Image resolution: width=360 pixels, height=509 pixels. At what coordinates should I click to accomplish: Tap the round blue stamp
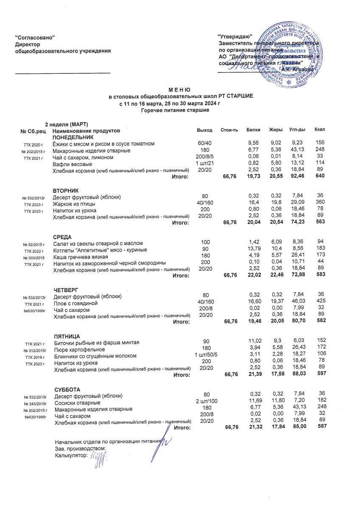tap(291, 54)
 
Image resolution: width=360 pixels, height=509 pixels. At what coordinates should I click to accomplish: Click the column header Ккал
tap(320, 129)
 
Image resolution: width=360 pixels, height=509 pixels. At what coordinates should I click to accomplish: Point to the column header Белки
tap(253, 129)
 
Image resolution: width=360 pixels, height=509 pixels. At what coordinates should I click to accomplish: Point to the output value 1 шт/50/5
tap(205, 355)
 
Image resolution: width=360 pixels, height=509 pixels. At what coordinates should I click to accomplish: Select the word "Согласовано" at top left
tap(35, 38)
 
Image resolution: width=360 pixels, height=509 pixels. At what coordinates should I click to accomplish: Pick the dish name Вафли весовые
tap(72, 164)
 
